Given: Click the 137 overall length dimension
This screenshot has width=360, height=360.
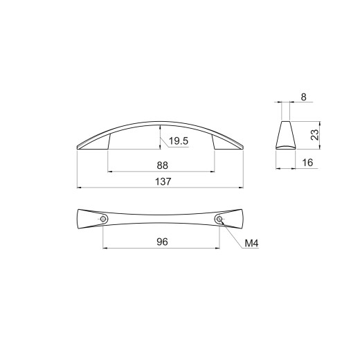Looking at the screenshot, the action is coord(163,181).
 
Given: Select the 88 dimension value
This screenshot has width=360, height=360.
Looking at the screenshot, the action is coord(163,165).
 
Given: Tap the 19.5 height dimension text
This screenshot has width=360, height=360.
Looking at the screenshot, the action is coord(179,141).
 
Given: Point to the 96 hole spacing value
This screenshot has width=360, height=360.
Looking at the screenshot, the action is coord(162,242).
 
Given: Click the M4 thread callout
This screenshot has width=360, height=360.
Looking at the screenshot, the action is coord(251,243).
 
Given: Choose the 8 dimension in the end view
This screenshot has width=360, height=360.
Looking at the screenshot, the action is coord(304,97).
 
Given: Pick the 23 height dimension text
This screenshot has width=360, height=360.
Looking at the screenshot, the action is coord(315,135).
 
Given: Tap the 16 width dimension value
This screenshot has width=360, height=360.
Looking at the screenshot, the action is coord(307,163).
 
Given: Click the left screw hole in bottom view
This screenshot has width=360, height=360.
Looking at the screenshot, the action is coord(103,219).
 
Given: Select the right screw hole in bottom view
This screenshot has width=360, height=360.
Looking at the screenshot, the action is coord(219,219).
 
